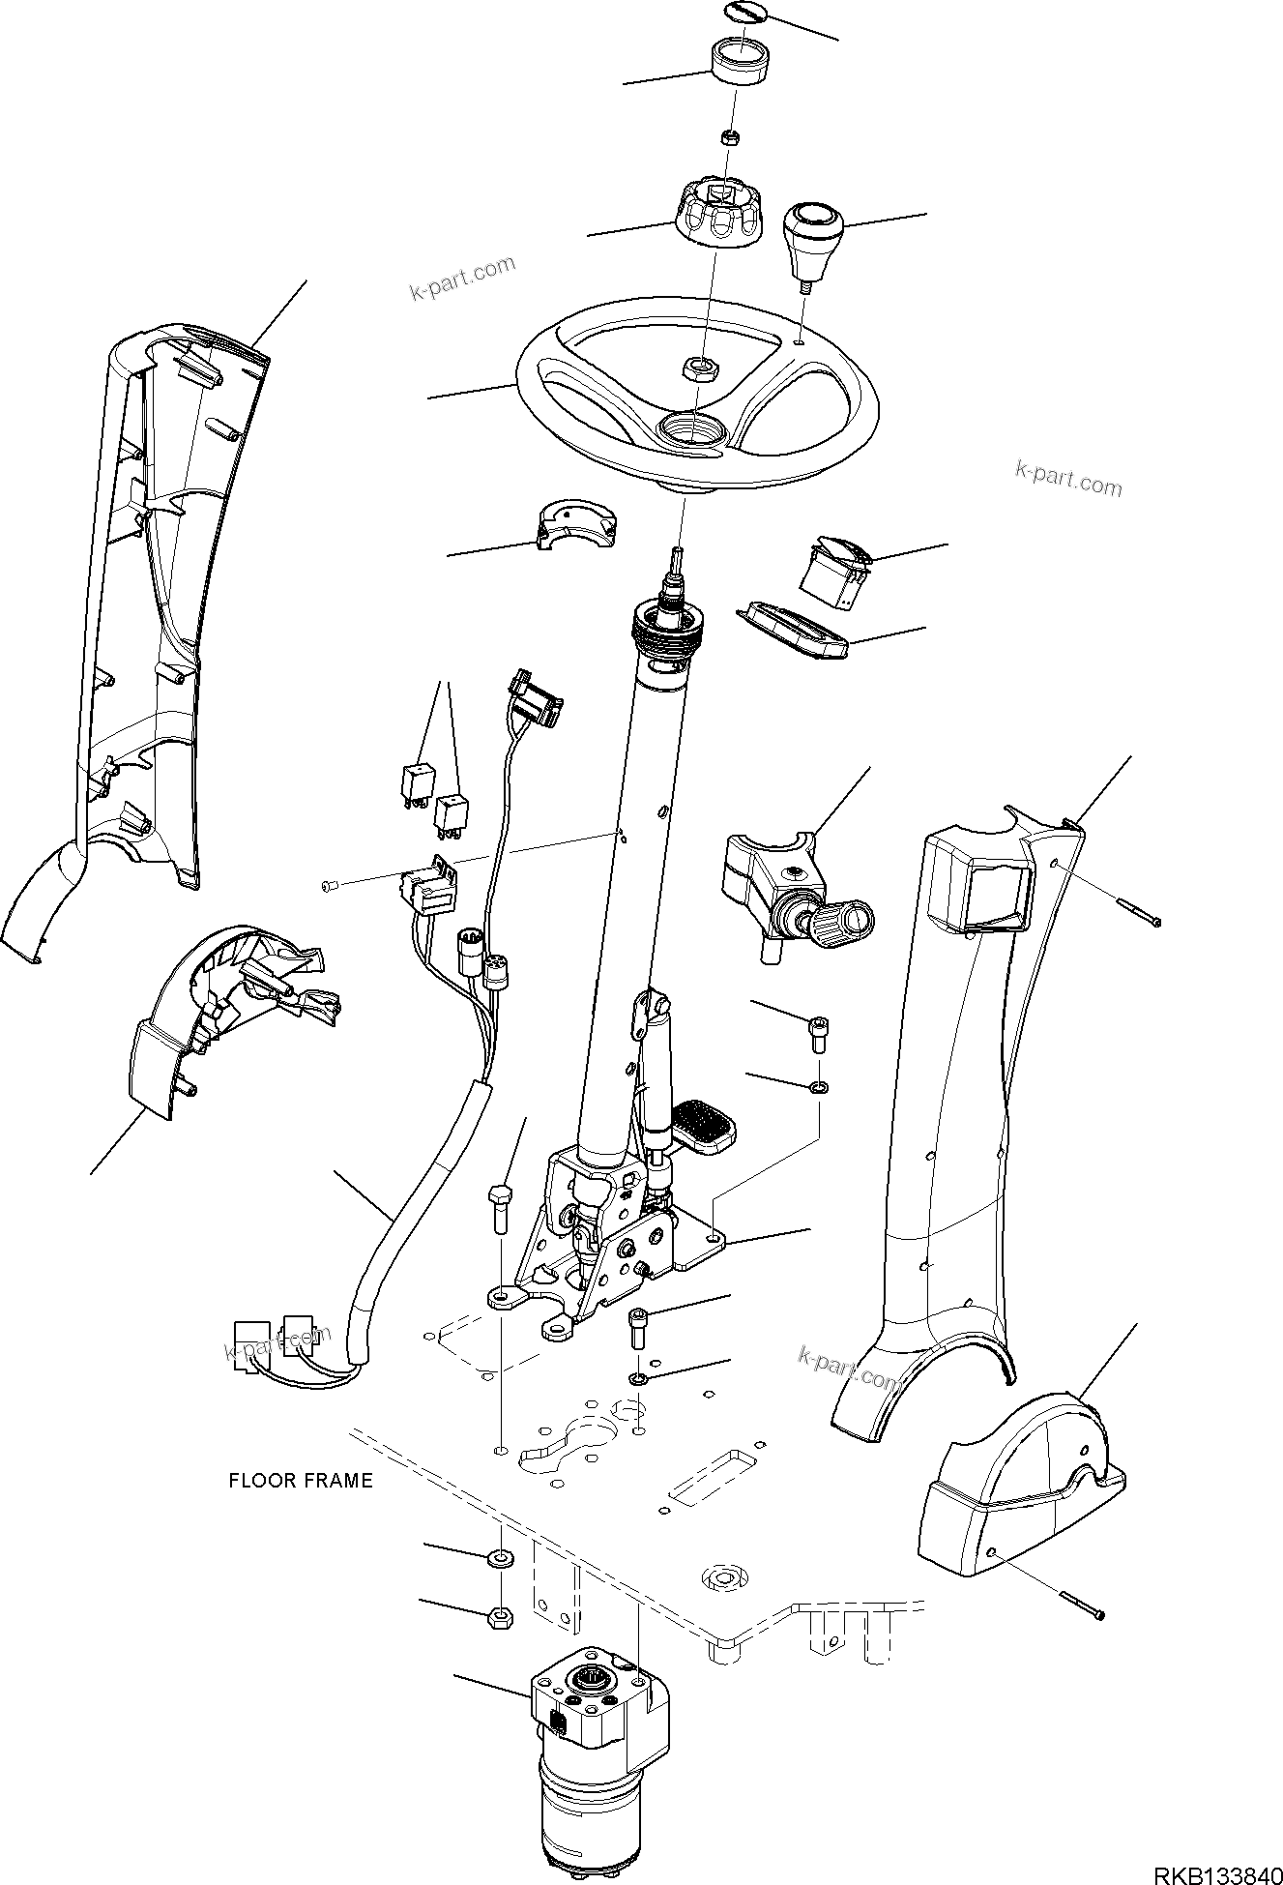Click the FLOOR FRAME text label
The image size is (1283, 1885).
coord(300,1481)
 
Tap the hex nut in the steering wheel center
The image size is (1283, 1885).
coord(697,367)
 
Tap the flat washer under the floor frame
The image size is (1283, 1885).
coord(500,1557)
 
